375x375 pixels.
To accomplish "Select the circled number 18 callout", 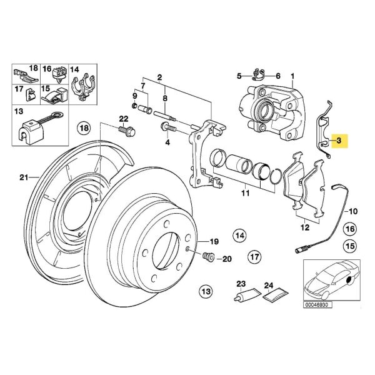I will [x=84, y=129].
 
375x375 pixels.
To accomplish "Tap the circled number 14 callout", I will [x=239, y=235].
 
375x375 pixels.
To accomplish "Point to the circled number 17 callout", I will [x=254, y=257].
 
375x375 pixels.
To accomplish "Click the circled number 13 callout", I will [x=205, y=291].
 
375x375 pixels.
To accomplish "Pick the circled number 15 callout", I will [x=349, y=246].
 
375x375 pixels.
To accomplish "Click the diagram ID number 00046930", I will [x=319, y=305].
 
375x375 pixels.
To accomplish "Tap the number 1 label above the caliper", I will [x=293, y=77].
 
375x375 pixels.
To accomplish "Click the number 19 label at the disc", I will [x=214, y=241].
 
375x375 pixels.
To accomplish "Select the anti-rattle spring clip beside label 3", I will [x=321, y=134].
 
